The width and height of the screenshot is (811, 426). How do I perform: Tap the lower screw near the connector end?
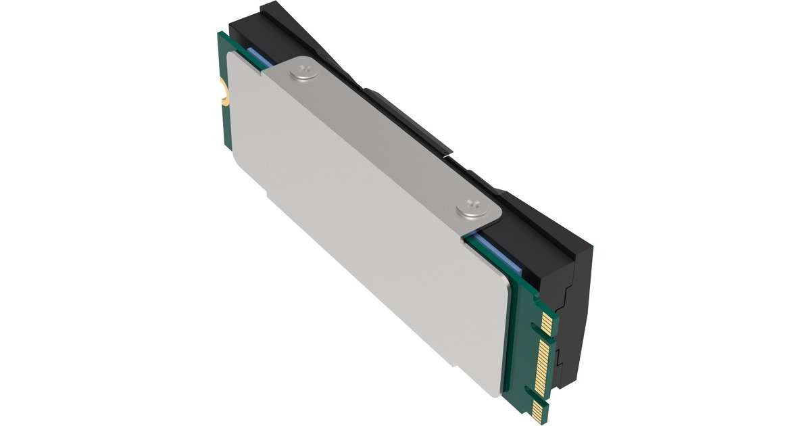(x=471, y=208)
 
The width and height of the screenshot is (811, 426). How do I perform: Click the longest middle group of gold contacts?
(x=543, y=364)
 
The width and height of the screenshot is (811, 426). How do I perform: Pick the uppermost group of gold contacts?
(x=546, y=323)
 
